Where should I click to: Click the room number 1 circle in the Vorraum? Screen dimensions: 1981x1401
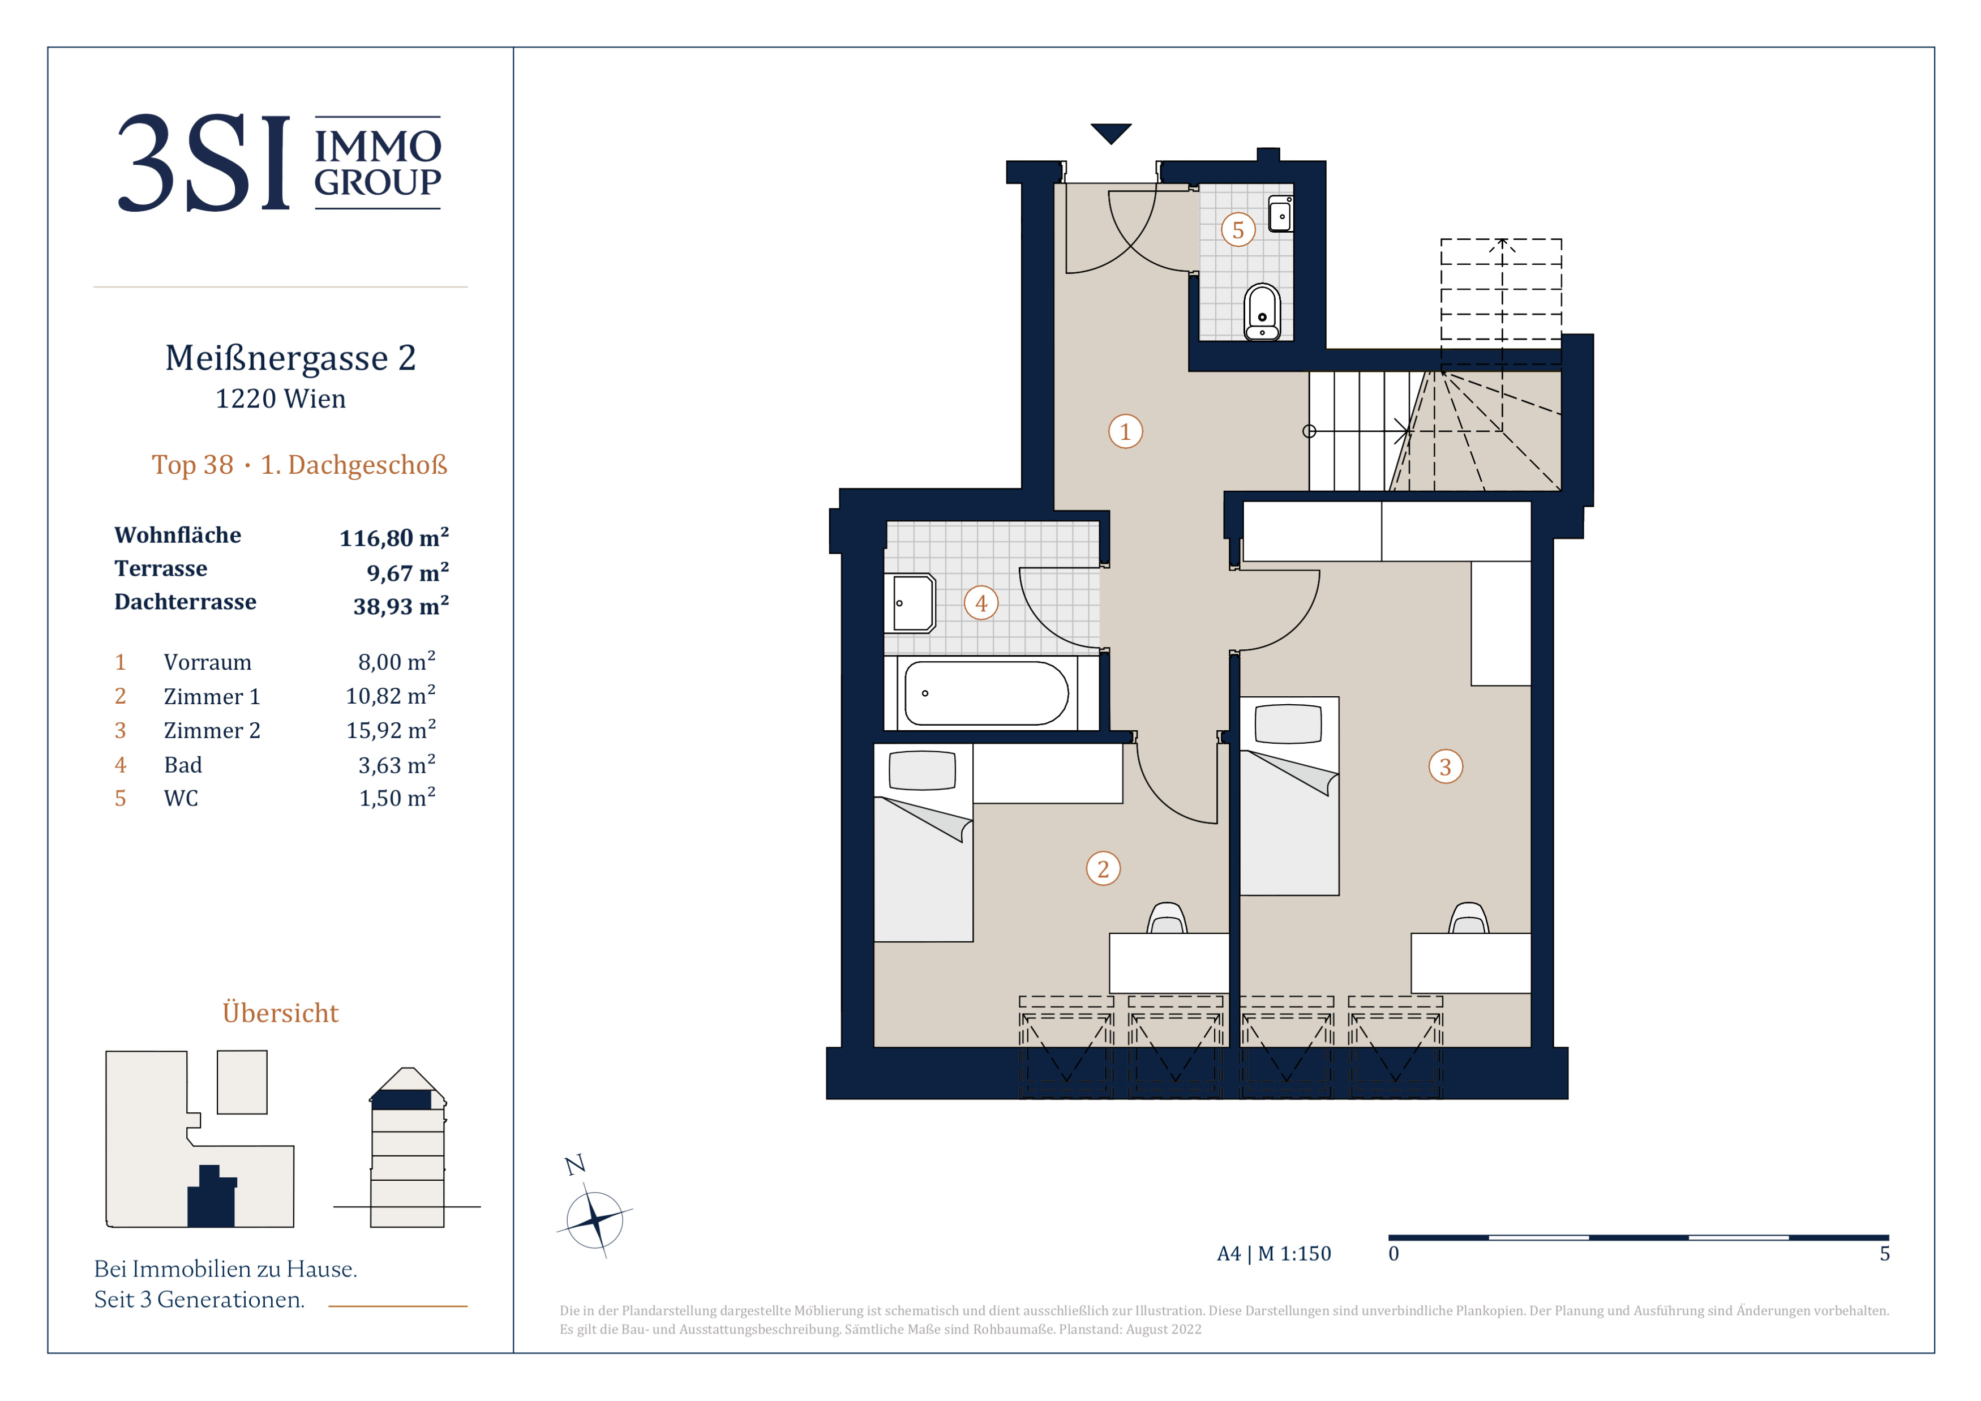click(1125, 431)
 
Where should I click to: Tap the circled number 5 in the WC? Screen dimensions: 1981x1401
click(1238, 229)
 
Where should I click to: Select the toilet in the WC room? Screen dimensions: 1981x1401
click(1262, 312)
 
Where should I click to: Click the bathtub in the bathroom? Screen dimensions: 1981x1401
click(986, 693)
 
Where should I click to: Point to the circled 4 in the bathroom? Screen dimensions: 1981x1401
click(981, 603)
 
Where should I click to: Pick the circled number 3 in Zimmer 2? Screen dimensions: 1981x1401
click(1445, 766)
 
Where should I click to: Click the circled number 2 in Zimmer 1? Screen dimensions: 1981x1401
click(1103, 869)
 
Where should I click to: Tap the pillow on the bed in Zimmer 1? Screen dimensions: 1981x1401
click(923, 770)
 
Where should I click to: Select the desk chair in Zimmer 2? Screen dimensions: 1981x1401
click(1469, 918)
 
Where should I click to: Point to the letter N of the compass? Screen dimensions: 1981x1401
click(574, 1164)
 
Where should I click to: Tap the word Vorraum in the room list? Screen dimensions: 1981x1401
click(208, 662)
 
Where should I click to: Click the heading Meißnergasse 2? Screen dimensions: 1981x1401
click(291, 358)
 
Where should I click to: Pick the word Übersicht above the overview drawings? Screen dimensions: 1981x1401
click(280, 1012)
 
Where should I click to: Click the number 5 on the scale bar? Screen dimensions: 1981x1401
click(1884, 1253)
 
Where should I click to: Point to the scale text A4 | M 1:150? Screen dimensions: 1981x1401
click(1273, 1253)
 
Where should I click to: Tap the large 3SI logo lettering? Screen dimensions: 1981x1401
click(204, 163)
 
